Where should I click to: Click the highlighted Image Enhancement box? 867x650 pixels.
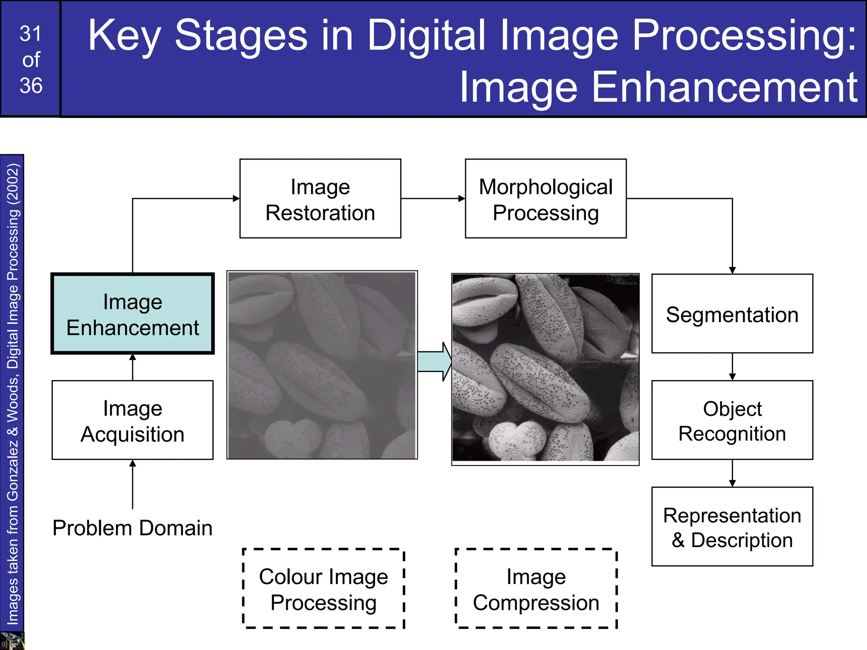[x=133, y=314]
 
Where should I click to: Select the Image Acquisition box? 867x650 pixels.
[x=133, y=420]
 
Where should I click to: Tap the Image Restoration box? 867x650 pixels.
[x=320, y=198]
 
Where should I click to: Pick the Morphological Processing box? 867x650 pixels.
[x=546, y=198]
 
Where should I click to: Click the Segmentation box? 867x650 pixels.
[x=732, y=314]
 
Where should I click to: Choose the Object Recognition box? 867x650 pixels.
[x=732, y=420]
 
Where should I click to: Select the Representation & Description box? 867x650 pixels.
[x=732, y=527]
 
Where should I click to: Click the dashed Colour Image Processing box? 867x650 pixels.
[x=323, y=589]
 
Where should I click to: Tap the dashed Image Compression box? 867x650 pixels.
[x=536, y=589]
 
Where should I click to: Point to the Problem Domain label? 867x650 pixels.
[x=133, y=528]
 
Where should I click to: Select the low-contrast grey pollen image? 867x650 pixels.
[x=322, y=365]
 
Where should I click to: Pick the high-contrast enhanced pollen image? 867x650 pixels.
[x=546, y=368]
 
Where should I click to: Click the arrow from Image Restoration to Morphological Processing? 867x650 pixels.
[x=433, y=198]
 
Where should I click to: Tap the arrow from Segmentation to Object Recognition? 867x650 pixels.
[x=732, y=367]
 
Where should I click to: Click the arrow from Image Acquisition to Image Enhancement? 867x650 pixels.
[x=133, y=367]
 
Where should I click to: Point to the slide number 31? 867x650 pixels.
[x=31, y=34]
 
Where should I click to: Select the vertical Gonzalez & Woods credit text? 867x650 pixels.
[x=12, y=394]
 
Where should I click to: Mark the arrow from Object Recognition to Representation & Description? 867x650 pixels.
[x=732, y=474]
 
